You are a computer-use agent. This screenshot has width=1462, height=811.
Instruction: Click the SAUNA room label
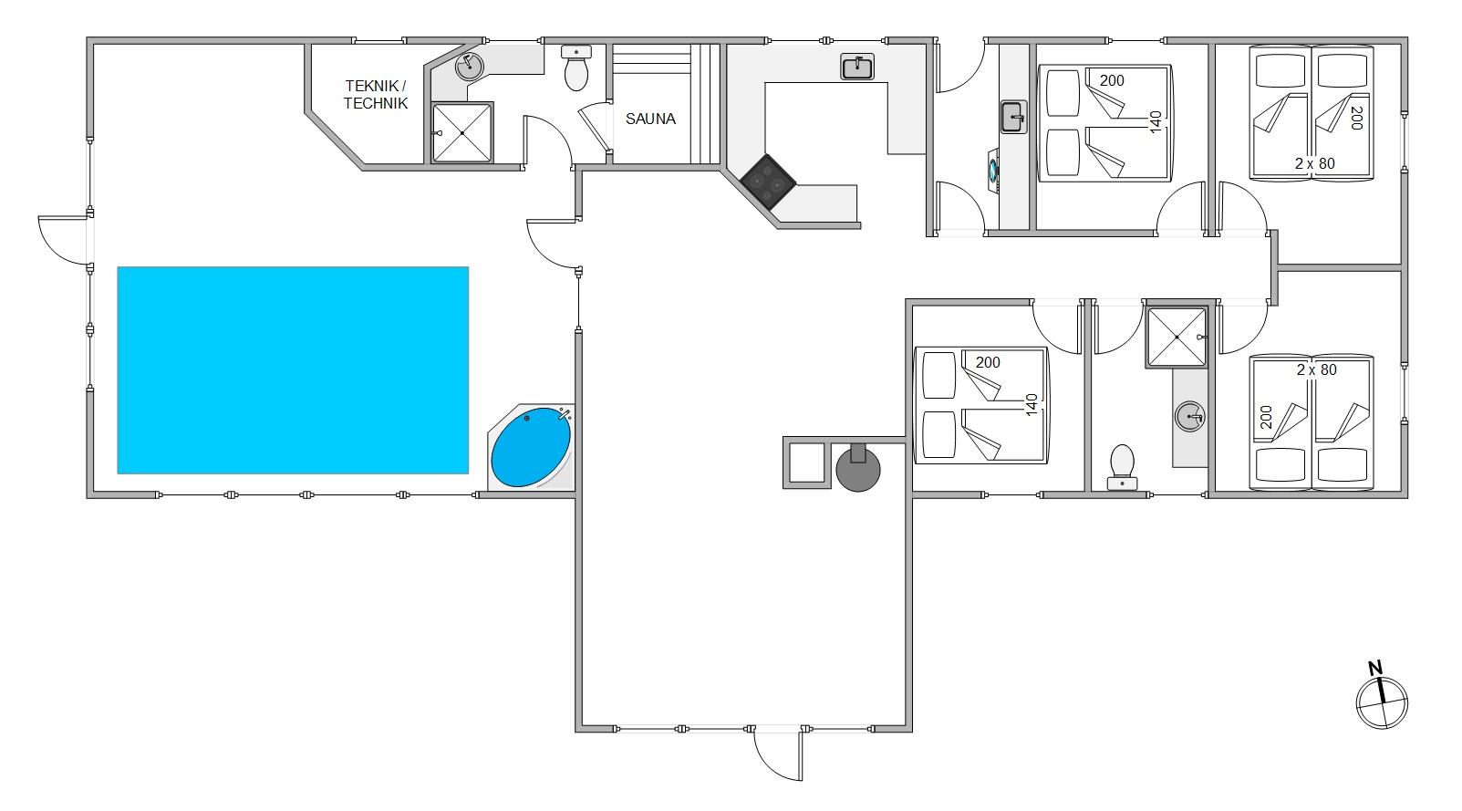pyautogui.click(x=650, y=119)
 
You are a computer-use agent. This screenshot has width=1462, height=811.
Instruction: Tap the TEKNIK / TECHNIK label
pyautogui.click(x=375, y=95)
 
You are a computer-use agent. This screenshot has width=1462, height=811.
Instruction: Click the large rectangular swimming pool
pyautogui.click(x=293, y=370)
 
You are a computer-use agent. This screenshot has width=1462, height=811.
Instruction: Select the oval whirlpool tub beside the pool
pyautogui.click(x=531, y=447)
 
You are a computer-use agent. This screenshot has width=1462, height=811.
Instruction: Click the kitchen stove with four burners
pyautogui.click(x=768, y=182)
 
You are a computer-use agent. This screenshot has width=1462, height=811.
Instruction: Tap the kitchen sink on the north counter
pyautogui.click(x=857, y=67)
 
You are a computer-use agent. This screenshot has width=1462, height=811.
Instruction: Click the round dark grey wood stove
pyautogui.click(x=858, y=467)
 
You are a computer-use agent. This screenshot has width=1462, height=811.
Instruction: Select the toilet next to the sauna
pyautogui.click(x=576, y=68)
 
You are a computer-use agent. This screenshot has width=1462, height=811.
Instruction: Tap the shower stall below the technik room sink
pyautogui.click(x=462, y=132)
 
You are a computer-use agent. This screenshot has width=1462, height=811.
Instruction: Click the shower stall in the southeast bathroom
pyautogui.click(x=1177, y=337)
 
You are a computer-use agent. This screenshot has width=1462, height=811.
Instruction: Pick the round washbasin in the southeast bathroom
pyautogui.click(x=1189, y=417)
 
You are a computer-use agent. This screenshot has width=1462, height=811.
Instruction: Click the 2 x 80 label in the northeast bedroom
pyautogui.click(x=1315, y=163)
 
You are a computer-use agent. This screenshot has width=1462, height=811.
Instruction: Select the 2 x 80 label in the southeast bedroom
pyautogui.click(x=1316, y=369)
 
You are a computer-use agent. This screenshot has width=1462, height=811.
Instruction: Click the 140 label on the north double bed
pyautogui.click(x=1156, y=122)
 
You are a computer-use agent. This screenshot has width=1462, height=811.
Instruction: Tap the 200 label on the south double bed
pyautogui.click(x=988, y=362)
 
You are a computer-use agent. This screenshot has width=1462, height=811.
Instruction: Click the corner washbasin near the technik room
pyautogui.click(x=469, y=66)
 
